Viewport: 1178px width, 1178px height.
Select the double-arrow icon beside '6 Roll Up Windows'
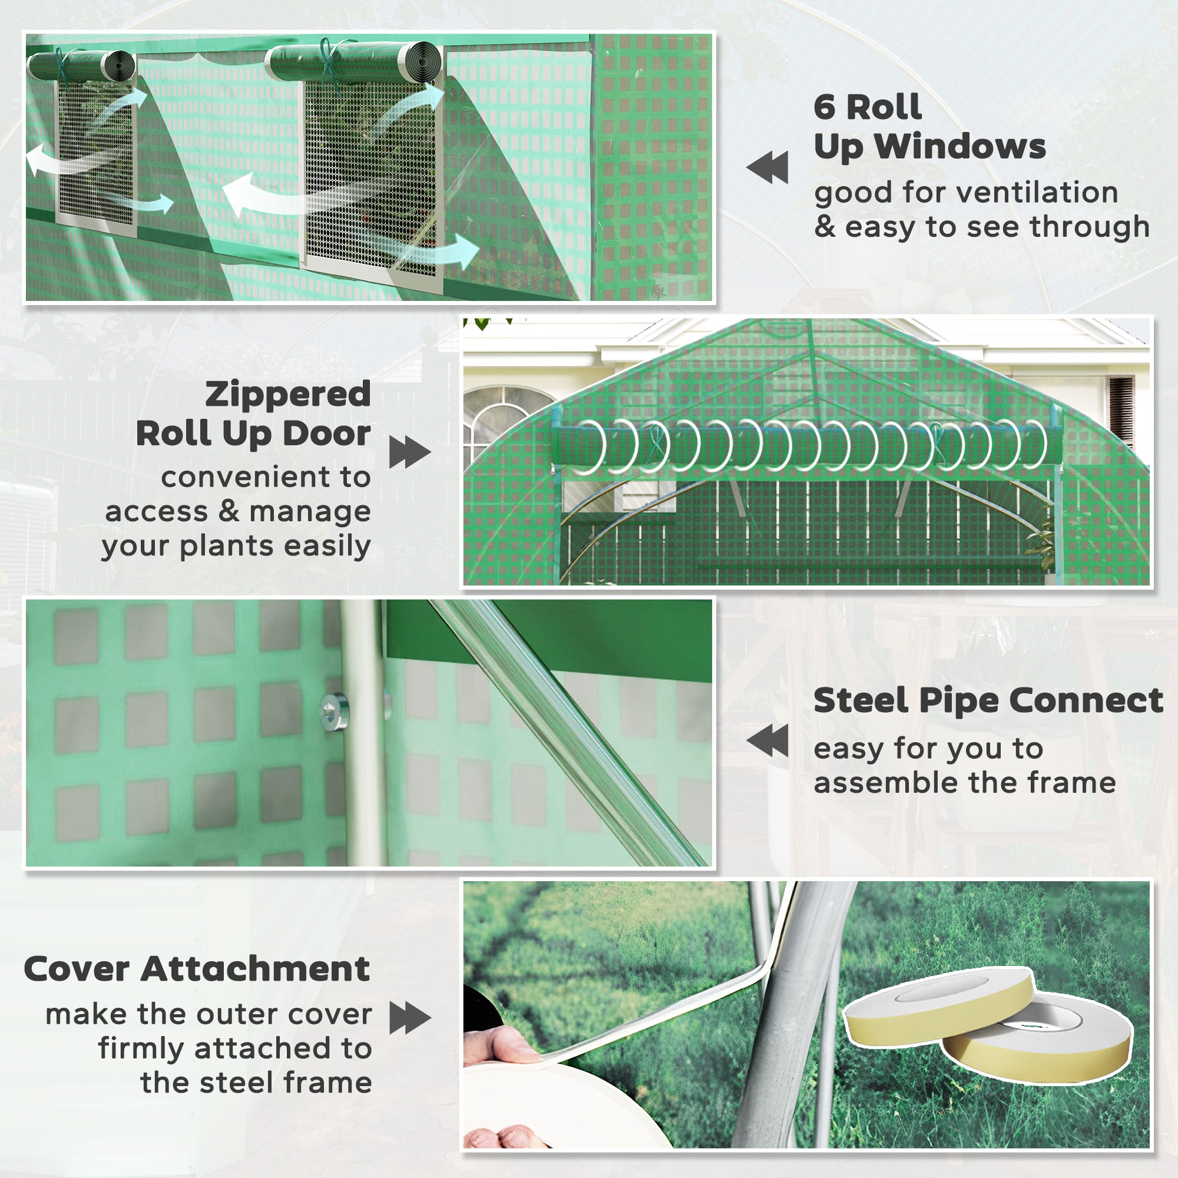(767, 168)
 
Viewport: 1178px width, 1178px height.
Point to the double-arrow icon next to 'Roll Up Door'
(410, 452)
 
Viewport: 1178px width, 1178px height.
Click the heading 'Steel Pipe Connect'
(988, 700)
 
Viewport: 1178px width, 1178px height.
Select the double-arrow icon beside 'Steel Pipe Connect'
(767, 740)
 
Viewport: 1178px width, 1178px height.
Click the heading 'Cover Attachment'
(196, 969)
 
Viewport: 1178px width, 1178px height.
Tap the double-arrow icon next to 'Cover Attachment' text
(410, 1018)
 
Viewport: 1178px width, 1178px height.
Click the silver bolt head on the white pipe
(335, 709)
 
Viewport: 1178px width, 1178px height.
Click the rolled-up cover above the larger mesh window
(353, 62)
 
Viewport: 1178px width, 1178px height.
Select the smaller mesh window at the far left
(96, 153)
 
